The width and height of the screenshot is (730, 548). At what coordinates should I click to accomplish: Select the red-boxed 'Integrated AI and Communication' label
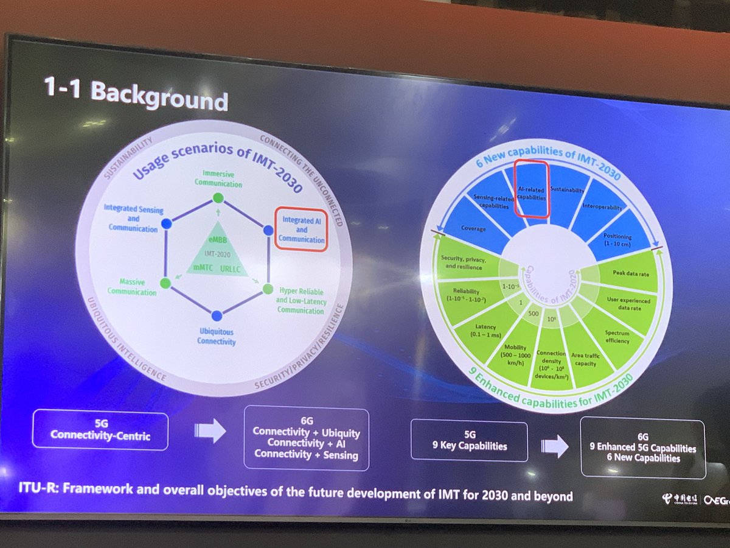tap(302, 230)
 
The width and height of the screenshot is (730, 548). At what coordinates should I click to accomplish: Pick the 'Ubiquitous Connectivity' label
tap(216, 337)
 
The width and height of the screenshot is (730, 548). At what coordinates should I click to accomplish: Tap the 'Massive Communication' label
tap(132, 288)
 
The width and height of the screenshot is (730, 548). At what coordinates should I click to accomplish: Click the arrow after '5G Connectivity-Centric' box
tap(210, 431)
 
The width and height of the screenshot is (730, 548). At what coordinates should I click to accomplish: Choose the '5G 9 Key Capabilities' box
tap(468, 440)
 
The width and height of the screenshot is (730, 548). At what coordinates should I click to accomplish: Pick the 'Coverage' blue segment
tap(473, 229)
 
